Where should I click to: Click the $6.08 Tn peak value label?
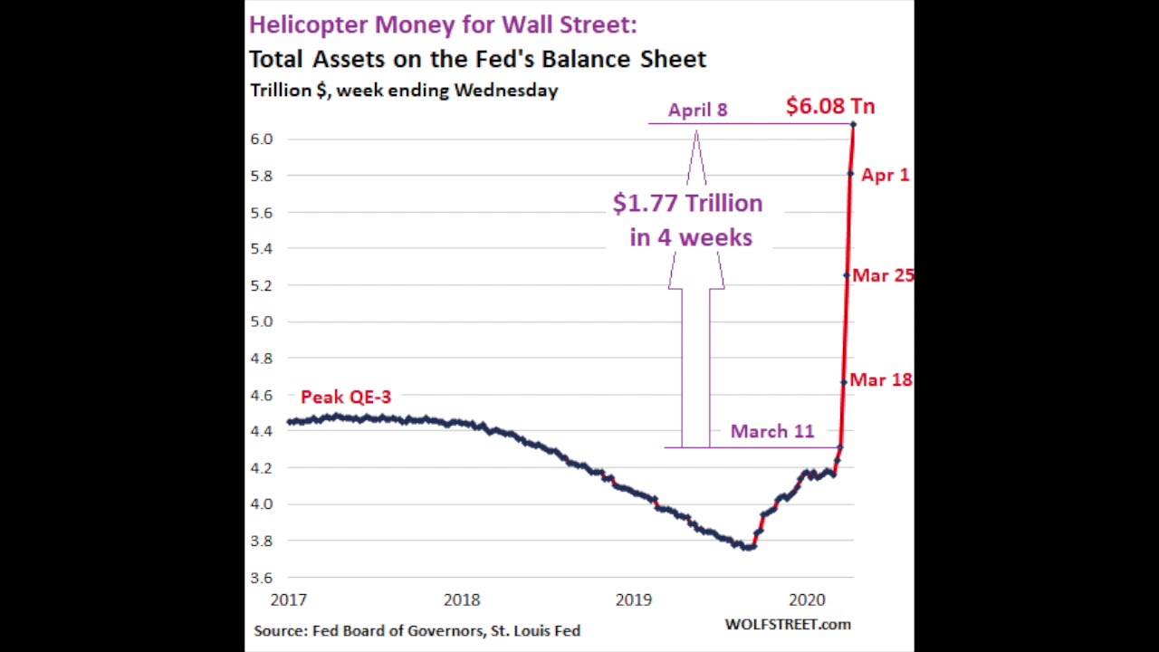point(829,106)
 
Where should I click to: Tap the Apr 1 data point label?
point(885,175)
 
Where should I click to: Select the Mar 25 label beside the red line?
point(882,275)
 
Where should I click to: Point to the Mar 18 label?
point(880,380)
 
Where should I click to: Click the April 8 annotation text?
point(697,110)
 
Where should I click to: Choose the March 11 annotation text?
point(771,432)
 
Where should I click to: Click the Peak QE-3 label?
point(345,397)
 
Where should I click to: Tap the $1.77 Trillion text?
point(687,203)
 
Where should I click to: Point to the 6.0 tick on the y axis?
point(261,139)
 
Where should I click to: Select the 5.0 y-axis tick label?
point(261,321)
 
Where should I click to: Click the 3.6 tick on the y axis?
point(261,578)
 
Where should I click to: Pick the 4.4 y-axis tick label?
point(261,431)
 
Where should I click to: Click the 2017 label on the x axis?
point(288,599)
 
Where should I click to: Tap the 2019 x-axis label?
point(633,599)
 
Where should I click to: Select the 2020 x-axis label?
point(806,599)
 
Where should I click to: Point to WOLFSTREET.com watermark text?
point(787,624)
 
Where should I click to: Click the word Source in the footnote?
point(279,630)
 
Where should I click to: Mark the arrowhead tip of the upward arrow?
point(696,132)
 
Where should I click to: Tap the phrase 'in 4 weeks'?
point(691,238)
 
